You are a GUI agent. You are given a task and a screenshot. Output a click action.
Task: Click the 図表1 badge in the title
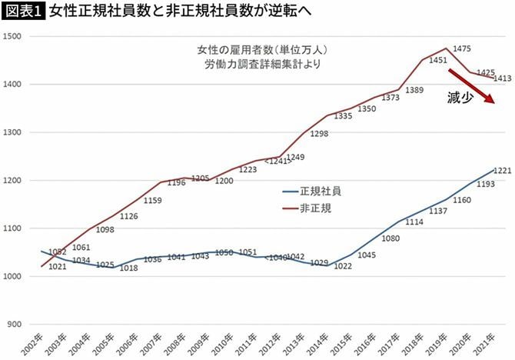click(24, 12)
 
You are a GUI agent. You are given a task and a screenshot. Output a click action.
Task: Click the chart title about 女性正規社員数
click(165, 12)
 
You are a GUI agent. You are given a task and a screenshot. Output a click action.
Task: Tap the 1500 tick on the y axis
click(15, 36)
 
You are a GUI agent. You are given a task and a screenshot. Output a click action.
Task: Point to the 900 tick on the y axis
click(17, 325)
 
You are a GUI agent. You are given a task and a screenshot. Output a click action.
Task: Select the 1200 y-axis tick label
click(15, 181)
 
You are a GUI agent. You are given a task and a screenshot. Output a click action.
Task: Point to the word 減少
click(460, 98)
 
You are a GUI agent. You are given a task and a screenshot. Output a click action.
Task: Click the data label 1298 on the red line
click(318, 133)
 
